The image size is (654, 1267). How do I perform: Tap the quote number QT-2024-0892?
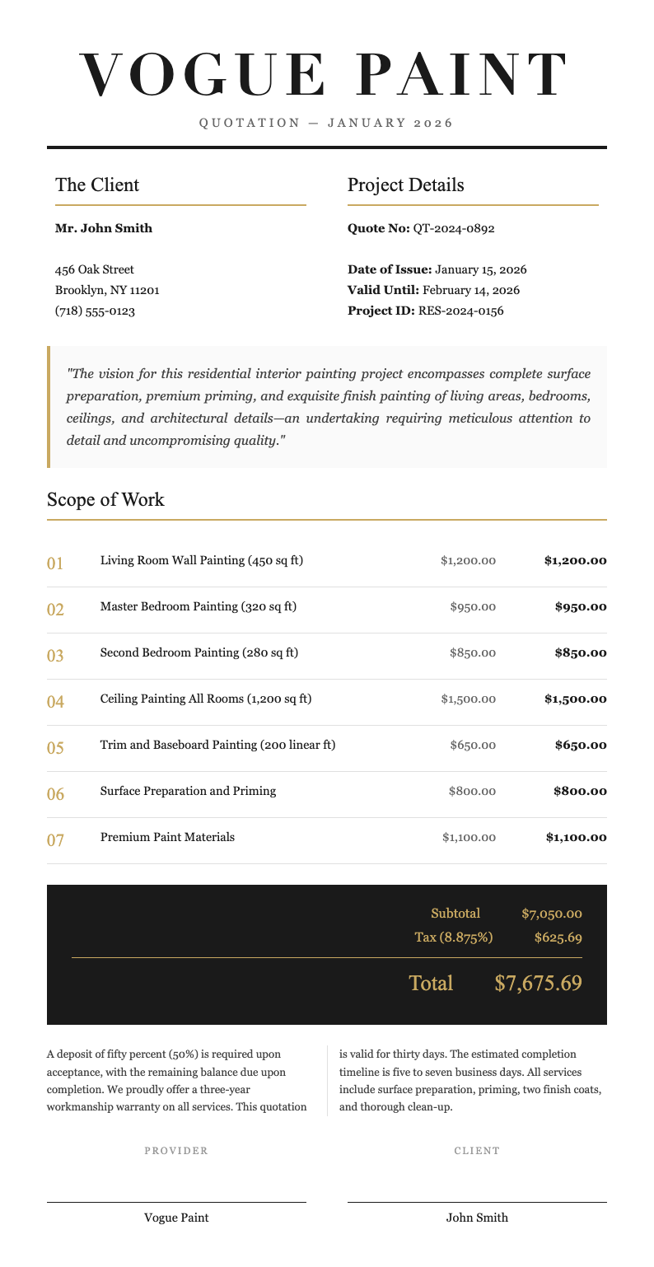(x=453, y=228)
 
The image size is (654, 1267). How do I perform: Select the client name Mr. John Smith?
(x=104, y=228)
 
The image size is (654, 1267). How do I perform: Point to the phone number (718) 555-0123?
(x=95, y=311)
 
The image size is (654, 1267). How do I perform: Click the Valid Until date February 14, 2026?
(x=470, y=291)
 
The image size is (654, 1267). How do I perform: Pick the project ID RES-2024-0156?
(x=460, y=311)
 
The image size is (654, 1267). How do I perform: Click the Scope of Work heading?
(x=105, y=499)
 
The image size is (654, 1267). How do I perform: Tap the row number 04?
(x=55, y=703)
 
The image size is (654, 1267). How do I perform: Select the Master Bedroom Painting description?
(x=198, y=607)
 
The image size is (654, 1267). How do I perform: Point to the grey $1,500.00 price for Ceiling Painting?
(x=468, y=699)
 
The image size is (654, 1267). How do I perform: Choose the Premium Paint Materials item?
(x=167, y=837)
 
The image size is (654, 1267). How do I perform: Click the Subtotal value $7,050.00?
(x=552, y=914)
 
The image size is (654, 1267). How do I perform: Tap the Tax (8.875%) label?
(x=454, y=937)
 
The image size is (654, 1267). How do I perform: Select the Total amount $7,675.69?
(x=538, y=983)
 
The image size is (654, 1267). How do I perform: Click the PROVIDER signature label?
(x=176, y=1151)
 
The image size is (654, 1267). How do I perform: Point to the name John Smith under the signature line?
(x=477, y=1218)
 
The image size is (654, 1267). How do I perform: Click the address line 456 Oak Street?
(x=95, y=269)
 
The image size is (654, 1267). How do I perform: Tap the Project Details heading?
(x=405, y=185)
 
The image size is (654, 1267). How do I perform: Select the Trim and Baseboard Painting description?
(x=217, y=746)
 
